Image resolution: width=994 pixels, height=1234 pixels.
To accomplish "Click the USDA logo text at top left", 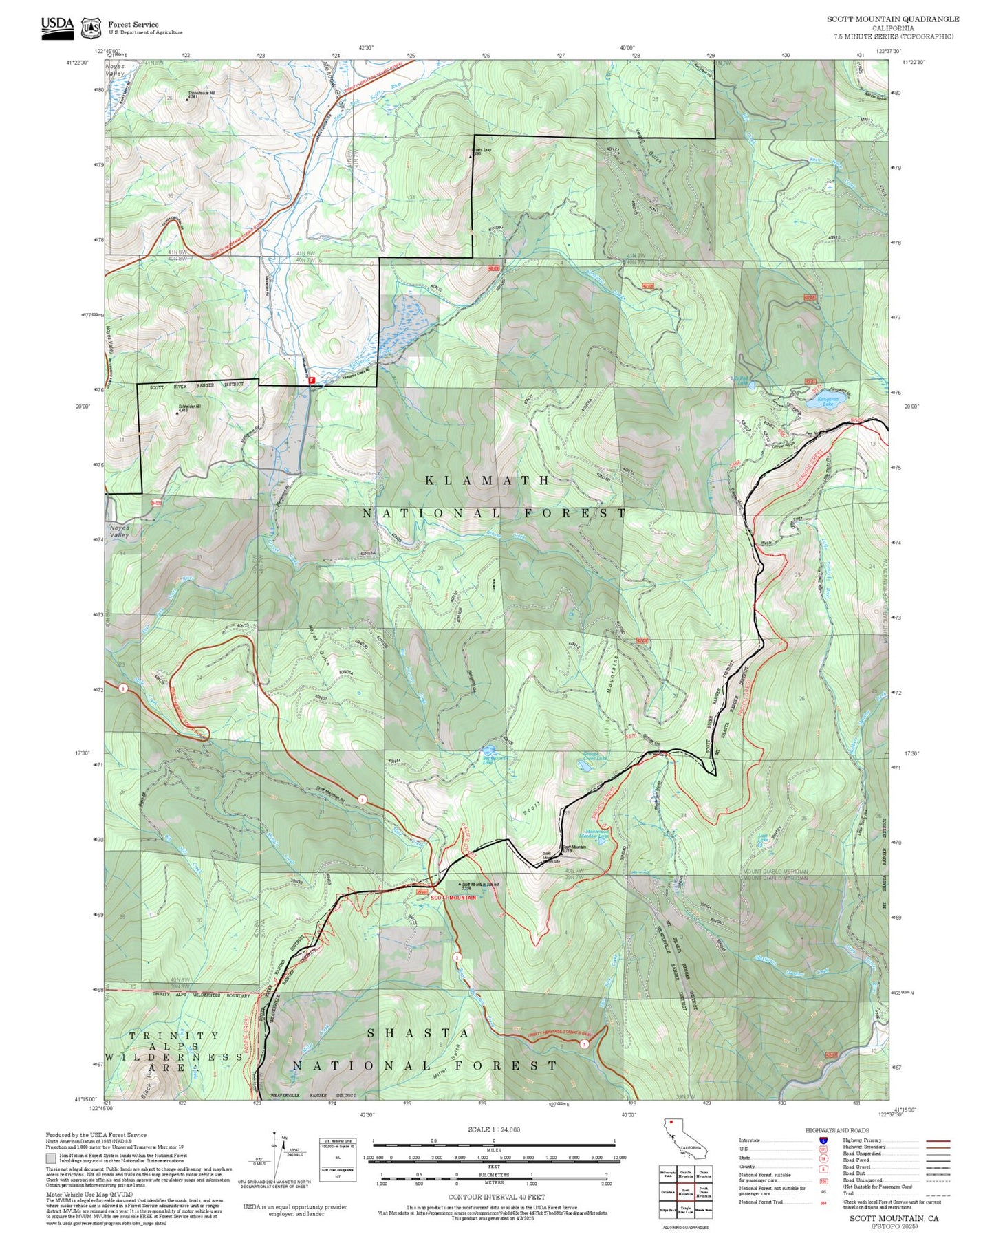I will point(56,24).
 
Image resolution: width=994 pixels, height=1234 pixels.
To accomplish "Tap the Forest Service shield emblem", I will point(90,28).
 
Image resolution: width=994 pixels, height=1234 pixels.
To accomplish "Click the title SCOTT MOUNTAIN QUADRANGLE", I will point(892,19).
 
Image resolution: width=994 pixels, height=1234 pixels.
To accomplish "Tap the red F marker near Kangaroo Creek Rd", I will point(312,380).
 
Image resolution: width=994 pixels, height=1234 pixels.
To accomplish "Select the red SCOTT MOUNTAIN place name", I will point(453,898).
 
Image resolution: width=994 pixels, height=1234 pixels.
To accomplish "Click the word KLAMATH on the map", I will point(487,480).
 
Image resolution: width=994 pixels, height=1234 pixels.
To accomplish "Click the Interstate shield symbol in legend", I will point(823,1140).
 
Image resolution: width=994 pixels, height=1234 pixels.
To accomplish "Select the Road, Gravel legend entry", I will point(856,1167).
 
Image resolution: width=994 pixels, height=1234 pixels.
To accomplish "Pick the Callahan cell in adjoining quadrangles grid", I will point(667,1193).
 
